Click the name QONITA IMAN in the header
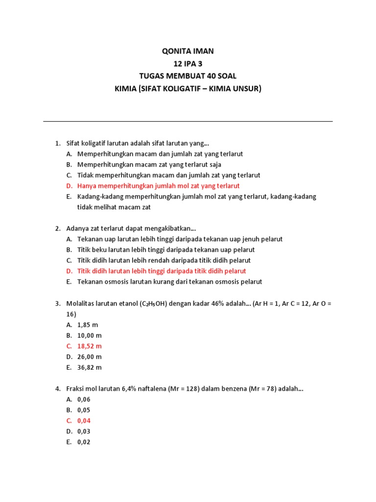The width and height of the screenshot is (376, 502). [x=188, y=51]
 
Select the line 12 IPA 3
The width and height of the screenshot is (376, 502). [x=188, y=63]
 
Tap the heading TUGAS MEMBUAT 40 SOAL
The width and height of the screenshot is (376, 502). [x=188, y=76]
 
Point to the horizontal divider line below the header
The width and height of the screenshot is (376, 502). [x=188, y=121]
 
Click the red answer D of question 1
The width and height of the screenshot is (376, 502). [x=158, y=186]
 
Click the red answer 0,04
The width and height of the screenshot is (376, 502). [x=84, y=421]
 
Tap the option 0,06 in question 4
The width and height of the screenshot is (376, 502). [x=84, y=400]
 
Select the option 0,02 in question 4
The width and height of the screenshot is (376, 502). [x=84, y=442]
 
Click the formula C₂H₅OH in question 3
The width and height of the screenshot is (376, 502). [x=155, y=304]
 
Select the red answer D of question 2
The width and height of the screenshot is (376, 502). [x=162, y=271]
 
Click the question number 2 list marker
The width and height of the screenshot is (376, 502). [x=57, y=228]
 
